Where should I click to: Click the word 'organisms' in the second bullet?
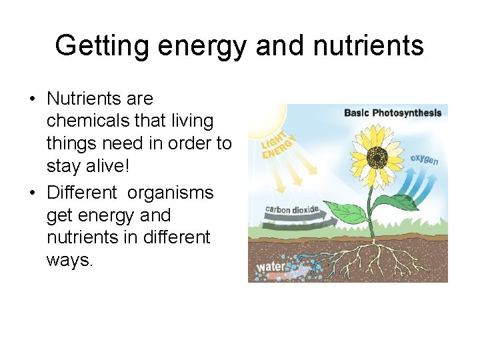pos(171,193)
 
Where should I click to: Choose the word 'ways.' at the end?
pos(69,260)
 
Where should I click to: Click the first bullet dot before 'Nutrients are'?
pos(31,100)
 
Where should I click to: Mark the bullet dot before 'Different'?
pos(31,194)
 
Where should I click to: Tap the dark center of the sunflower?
pos(378,157)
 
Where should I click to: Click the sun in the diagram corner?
pos(263,120)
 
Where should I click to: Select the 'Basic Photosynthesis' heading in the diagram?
pos(393,113)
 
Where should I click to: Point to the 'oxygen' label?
pos(425,159)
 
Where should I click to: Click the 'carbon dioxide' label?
pos(292,210)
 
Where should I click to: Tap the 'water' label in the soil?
pos(270,267)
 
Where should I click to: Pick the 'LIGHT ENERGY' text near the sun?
pos(278,145)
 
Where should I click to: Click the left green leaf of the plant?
pos(347,213)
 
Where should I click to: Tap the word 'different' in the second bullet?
pos(177,237)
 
